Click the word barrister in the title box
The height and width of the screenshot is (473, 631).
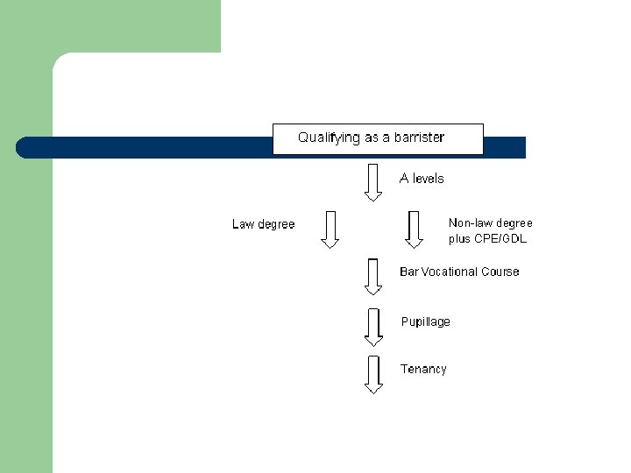click(416, 138)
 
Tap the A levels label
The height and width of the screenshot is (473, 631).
click(422, 179)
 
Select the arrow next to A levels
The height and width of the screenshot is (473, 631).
click(373, 182)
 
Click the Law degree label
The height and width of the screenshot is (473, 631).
click(263, 224)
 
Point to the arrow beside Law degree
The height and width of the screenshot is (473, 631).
click(330, 229)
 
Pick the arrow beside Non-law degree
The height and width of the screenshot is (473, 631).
click(414, 229)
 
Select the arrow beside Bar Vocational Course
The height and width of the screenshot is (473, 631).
click(373, 277)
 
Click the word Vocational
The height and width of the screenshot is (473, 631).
click(449, 272)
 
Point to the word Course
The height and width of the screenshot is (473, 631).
click(500, 272)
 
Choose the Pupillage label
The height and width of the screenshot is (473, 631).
click(425, 321)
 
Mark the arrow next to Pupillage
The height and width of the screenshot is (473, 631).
click(373, 327)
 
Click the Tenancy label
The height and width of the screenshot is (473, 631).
click(423, 369)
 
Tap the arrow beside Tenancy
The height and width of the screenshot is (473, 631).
click(373, 374)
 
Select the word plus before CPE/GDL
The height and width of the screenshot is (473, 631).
click(459, 238)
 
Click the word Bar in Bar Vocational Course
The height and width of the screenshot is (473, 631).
click(408, 272)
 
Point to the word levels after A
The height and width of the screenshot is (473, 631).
click(429, 179)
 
